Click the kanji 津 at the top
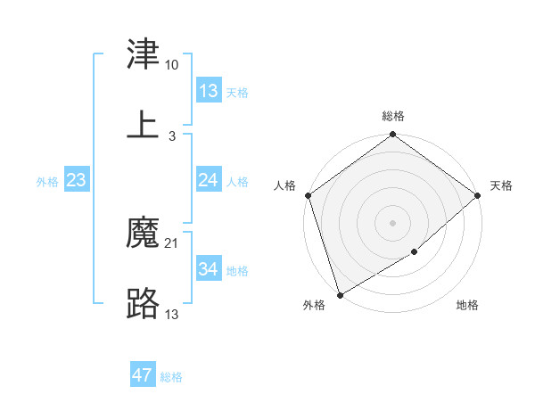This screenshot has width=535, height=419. (144, 55)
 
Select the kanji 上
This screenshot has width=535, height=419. (144, 124)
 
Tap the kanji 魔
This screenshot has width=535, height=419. (144, 234)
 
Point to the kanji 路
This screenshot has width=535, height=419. (144, 303)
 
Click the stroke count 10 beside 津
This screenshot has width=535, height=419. (171, 65)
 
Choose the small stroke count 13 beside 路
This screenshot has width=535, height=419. (172, 313)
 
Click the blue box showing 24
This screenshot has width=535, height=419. (208, 180)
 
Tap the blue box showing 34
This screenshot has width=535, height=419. (208, 269)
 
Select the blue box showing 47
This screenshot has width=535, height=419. (142, 375)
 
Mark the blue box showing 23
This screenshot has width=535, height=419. (77, 180)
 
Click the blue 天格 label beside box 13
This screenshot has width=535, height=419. (237, 92)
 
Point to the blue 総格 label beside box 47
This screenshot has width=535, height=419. (171, 377)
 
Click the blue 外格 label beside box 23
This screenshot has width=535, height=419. (47, 182)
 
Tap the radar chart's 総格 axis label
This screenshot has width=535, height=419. (393, 116)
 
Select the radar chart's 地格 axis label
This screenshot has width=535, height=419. (467, 306)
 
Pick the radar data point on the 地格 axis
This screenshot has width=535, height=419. (415, 252)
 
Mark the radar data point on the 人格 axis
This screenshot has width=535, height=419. (308, 195)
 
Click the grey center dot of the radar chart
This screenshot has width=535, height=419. (393, 223)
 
